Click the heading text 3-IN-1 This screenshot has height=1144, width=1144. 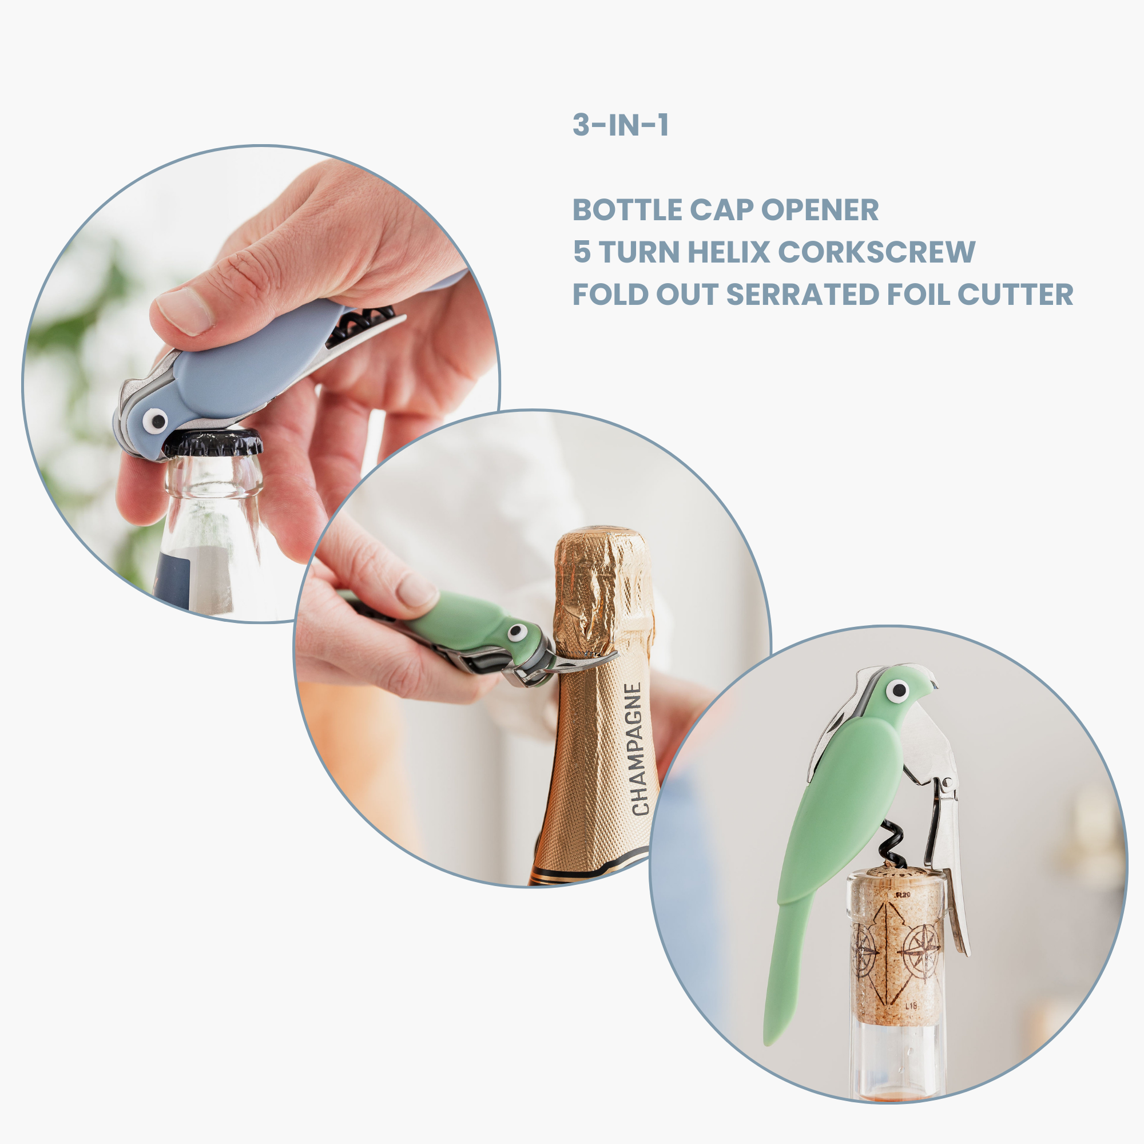[621, 125]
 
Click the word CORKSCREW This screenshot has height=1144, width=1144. [876, 252]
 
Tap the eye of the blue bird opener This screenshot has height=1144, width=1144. [156, 420]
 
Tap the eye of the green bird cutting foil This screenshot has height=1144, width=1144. [517, 633]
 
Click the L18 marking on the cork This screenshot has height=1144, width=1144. [911, 1006]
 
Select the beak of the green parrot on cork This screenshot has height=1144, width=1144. [930, 684]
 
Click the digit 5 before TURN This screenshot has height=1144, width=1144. [582, 252]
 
